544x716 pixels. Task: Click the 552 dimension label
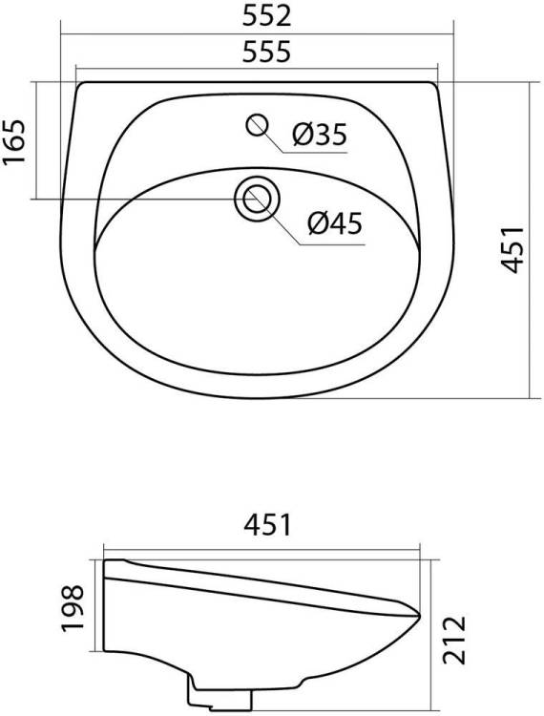point(266,16)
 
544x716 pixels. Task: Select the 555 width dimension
point(266,52)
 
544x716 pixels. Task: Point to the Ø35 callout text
point(320,135)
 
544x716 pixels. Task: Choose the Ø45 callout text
point(335,223)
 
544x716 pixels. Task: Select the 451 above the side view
point(267,525)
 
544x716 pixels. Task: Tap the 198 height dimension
point(73,608)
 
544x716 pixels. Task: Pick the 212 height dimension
point(454,640)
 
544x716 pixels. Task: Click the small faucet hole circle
point(257,125)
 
